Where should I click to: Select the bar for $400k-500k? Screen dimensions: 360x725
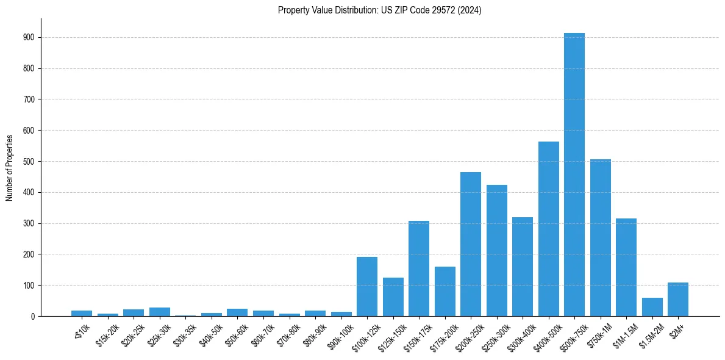point(548,229)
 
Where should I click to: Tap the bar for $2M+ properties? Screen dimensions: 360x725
point(677,300)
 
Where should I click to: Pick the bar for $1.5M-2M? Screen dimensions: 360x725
point(652,307)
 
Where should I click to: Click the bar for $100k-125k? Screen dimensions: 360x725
point(366,287)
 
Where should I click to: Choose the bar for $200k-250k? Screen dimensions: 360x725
point(470,244)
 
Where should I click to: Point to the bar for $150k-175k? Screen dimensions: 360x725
point(418,268)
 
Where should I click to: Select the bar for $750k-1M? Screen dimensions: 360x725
point(600,238)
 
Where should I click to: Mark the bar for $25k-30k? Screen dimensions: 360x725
point(159,312)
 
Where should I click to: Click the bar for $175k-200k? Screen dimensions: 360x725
point(445,292)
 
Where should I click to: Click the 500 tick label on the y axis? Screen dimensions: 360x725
point(29,162)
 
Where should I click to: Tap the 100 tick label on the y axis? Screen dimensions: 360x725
point(29,286)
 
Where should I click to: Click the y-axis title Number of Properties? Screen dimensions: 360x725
point(10,167)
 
